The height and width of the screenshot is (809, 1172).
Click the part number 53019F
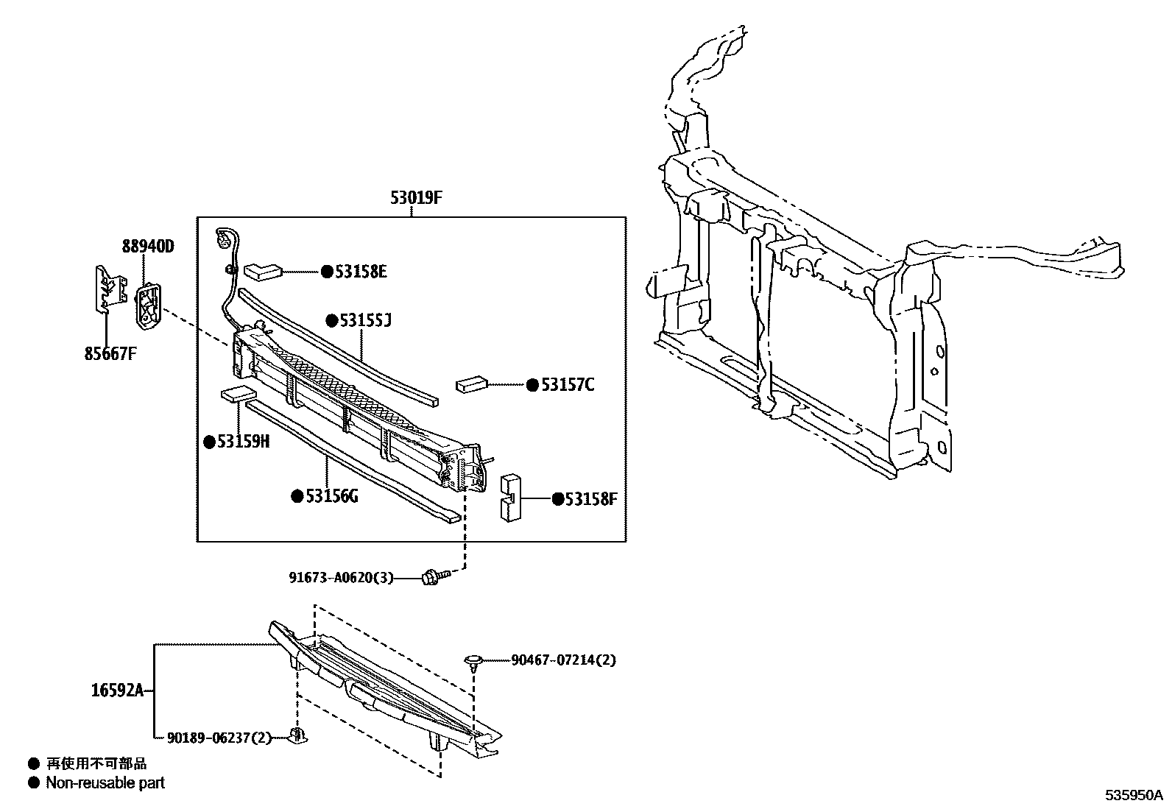click(415, 197)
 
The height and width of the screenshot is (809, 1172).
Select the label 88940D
click(148, 247)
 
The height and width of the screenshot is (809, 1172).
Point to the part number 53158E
click(361, 272)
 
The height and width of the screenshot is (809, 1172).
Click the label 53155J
click(366, 320)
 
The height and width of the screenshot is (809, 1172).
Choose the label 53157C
click(567, 385)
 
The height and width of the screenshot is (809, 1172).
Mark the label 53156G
click(331, 496)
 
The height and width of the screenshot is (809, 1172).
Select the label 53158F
click(590, 500)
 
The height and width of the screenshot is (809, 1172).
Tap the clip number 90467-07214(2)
click(563, 660)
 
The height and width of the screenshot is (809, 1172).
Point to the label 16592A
click(117, 690)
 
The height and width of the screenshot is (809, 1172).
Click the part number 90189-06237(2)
click(219, 738)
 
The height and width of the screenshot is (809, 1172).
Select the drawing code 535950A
click(1132, 796)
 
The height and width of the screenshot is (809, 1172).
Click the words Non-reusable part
click(105, 783)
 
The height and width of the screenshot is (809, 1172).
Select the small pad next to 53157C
click(472, 384)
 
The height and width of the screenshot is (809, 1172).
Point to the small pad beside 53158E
click(263, 272)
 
